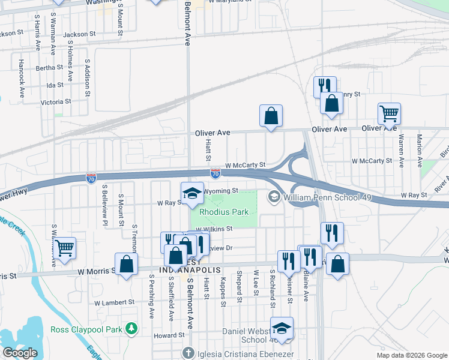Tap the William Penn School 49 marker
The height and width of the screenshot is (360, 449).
click(x=274, y=197)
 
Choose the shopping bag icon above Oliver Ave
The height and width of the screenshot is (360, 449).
click(x=271, y=115)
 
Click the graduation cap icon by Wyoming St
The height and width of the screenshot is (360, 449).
click(x=192, y=193)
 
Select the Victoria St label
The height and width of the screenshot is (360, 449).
click(x=55, y=102)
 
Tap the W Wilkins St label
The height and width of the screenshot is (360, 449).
click(x=214, y=229)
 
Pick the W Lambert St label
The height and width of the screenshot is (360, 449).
click(x=115, y=302)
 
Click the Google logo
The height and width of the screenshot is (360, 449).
click(x=20, y=353)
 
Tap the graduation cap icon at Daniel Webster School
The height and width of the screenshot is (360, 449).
click(x=282, y=328)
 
